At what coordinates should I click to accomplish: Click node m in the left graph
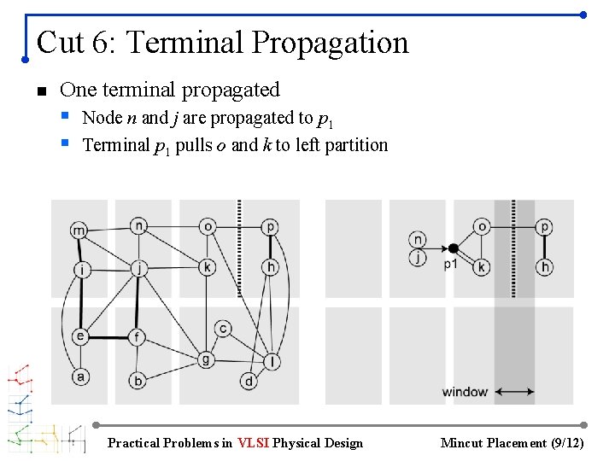[x=79, y=230]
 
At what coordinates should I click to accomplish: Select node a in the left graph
[x=81, y=376]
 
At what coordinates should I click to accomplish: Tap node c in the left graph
[x=223, y=329]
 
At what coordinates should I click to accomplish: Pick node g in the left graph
[x=206, y=359]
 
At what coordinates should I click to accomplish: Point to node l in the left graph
[x=272, y=362]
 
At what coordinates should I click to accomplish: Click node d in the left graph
[x=249, y=381]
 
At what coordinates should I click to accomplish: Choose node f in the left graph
[x=138, y=336]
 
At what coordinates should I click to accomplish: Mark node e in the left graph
[x=80, y=336]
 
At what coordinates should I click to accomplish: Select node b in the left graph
[x=138, y=381]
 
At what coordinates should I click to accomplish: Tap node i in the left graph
[x=81, y=270]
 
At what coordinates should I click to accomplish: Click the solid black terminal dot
[x=454, y=248]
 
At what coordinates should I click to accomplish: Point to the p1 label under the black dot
[x=450, y=265]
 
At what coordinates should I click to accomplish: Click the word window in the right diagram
[x=465, y=393]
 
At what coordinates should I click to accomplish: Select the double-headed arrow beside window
[x=515, y=393]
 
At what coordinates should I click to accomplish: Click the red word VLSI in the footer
[x=253, y=443]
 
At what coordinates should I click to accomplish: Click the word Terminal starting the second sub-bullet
[x=116, y=145]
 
